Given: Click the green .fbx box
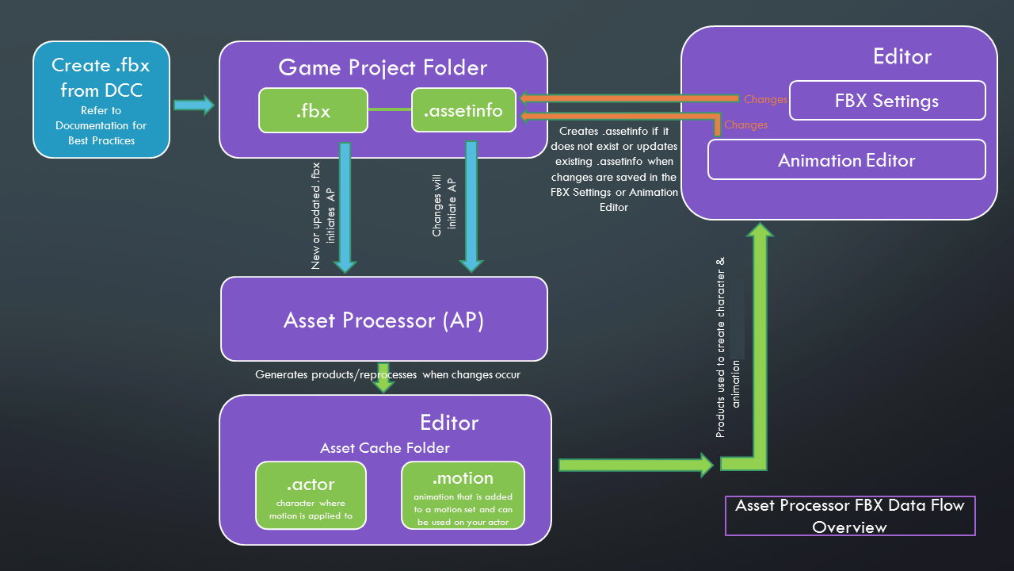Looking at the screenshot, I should [x=313, y=110].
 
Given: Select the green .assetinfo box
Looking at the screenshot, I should [x=463, y=110].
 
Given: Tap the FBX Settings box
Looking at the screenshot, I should [x=886, y=101].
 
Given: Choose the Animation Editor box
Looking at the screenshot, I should [x=846, y=160].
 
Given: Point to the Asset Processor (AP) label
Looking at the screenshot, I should [x=383, y=320].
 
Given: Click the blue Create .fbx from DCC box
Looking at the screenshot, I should [x=101, y=99].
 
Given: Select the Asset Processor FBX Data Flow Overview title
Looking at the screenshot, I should [x=850, y=515].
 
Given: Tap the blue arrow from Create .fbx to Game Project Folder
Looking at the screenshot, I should [x=193, y=104].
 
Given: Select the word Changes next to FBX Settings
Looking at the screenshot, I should [x=765, y=100].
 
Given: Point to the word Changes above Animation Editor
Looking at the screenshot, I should [x=745, y=125].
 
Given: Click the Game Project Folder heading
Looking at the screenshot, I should [x=383, y=67].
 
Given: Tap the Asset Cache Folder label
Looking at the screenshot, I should [x=384, y=448].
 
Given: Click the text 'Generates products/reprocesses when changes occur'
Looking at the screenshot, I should [x=387, y=374].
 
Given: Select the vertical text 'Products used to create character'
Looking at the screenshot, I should [x=720, y=349].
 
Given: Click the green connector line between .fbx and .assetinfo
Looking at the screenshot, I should [x=390, y=109].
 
